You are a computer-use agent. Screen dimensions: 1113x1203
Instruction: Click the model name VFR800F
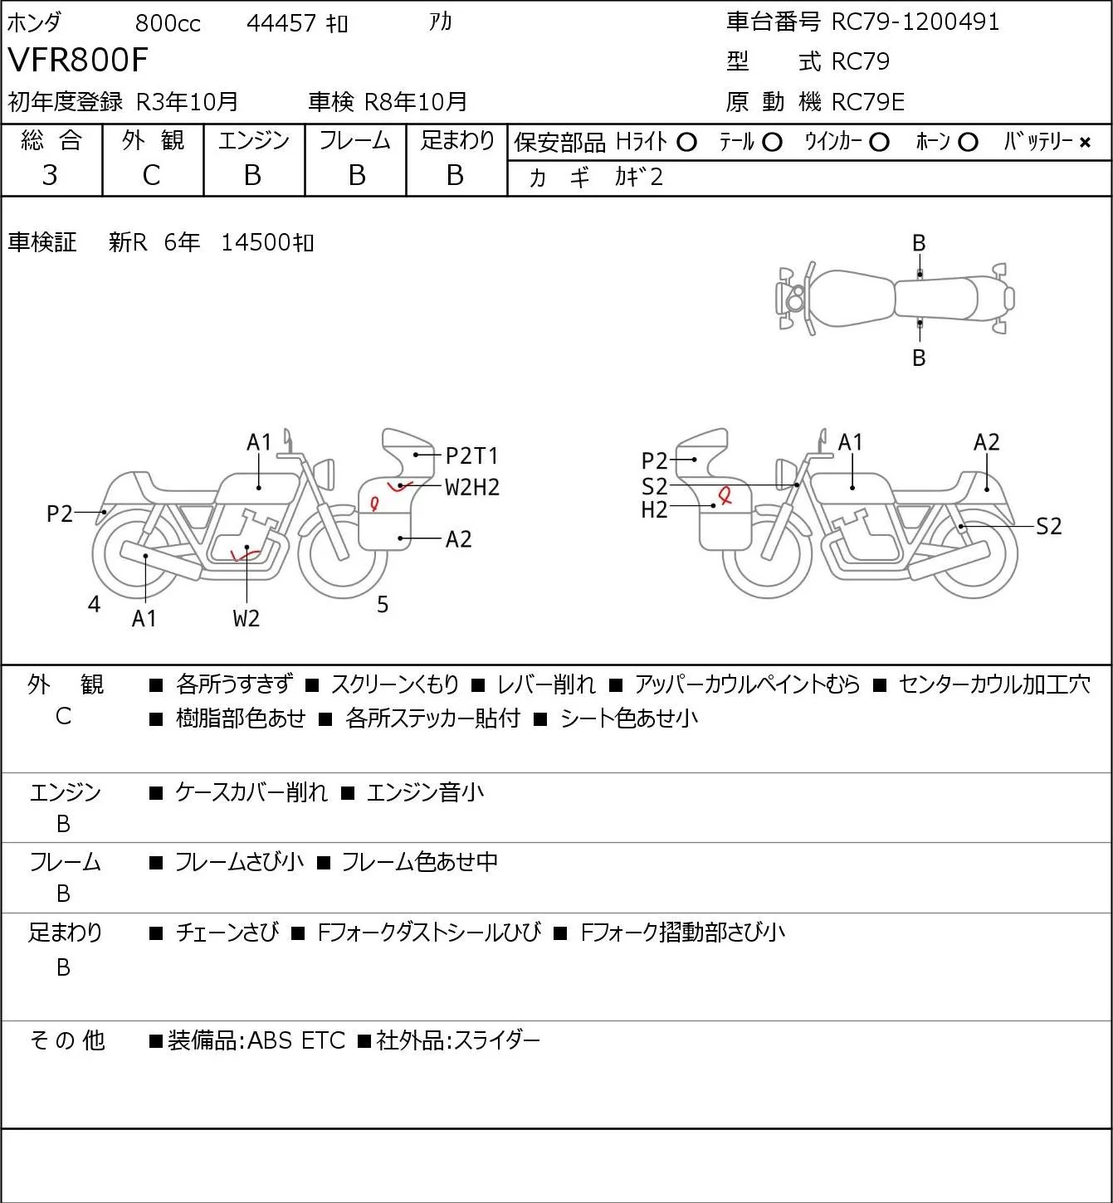tap(77, 60)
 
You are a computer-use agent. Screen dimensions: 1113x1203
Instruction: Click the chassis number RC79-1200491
tap(915, 22)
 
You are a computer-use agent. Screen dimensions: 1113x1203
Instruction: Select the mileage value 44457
tap(281, 23)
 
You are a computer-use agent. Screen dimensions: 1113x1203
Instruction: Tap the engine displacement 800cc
tap(168, 23)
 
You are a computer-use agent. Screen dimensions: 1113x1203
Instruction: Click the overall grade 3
tap(50, 175)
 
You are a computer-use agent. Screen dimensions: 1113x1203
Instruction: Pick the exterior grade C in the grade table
tap(151, 175)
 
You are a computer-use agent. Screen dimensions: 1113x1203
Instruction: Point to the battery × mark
tap(1085, 143)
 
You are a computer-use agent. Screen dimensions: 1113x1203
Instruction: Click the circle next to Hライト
tap(686, 143)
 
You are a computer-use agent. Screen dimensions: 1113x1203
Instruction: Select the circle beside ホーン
tap(968, 143)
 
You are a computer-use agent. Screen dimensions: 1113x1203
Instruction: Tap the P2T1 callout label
tap(471, 455)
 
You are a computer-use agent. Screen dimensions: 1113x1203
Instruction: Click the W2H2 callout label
tap(471, 487)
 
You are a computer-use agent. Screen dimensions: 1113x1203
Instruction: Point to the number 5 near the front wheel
tap(383, 604)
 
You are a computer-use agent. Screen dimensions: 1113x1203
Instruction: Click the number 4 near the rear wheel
tap(94, 604)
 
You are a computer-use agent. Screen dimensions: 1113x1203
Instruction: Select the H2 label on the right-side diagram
tap(654, 510)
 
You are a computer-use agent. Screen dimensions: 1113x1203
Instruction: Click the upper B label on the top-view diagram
tap(919, 244)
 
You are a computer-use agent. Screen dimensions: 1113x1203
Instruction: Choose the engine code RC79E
tap(867, 102)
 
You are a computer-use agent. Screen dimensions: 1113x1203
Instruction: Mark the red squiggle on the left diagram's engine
tap(245, 553)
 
